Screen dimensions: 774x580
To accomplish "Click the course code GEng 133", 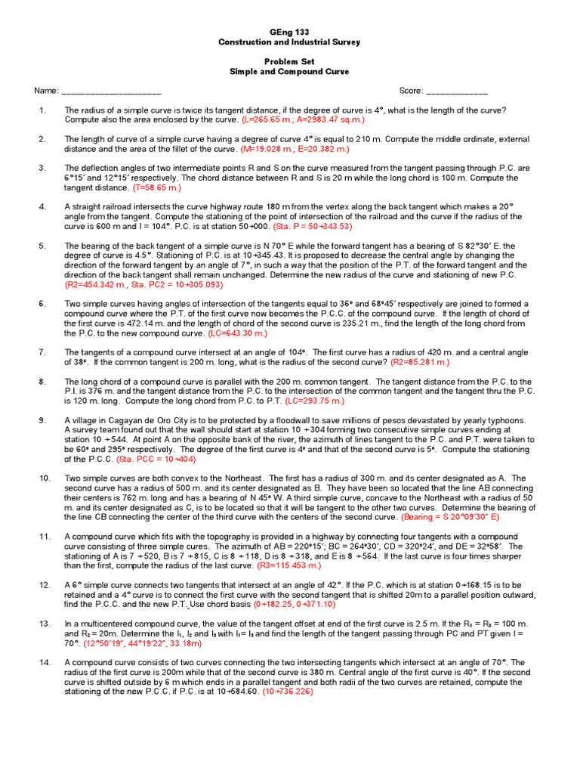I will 289,32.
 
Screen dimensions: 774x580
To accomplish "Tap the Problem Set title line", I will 289,61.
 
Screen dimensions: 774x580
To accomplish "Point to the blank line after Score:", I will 457,91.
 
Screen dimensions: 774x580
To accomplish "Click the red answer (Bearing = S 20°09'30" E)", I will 470,516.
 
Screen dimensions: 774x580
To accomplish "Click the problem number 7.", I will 42,352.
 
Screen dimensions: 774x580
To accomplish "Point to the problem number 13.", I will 44,623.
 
